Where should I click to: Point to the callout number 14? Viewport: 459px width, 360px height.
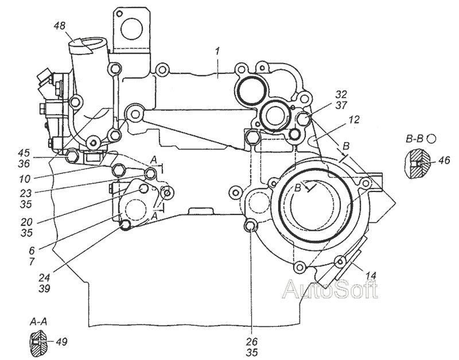[371, 276]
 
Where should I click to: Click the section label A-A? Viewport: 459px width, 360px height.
[40, 321]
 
